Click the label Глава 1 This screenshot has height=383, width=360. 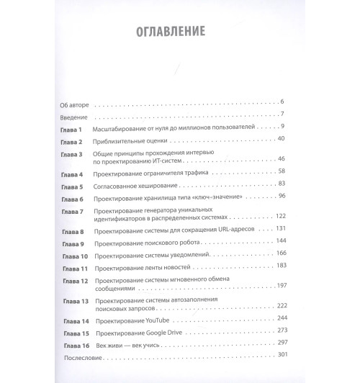pyautogui.click(x=72, y=127)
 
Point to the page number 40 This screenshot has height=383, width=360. pyautogui.click(x=282, y=138)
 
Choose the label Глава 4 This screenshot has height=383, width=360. pyautogui.click(x=72, y=174)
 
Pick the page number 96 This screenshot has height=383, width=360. pyautogui.click(x=282, y=197)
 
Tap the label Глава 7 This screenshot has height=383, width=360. pyautogui.click(x=72, y=210)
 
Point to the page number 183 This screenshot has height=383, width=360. pyautogui.click(x=280, y=266)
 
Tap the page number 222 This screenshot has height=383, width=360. pyautogui.click(x=280, y=305)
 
